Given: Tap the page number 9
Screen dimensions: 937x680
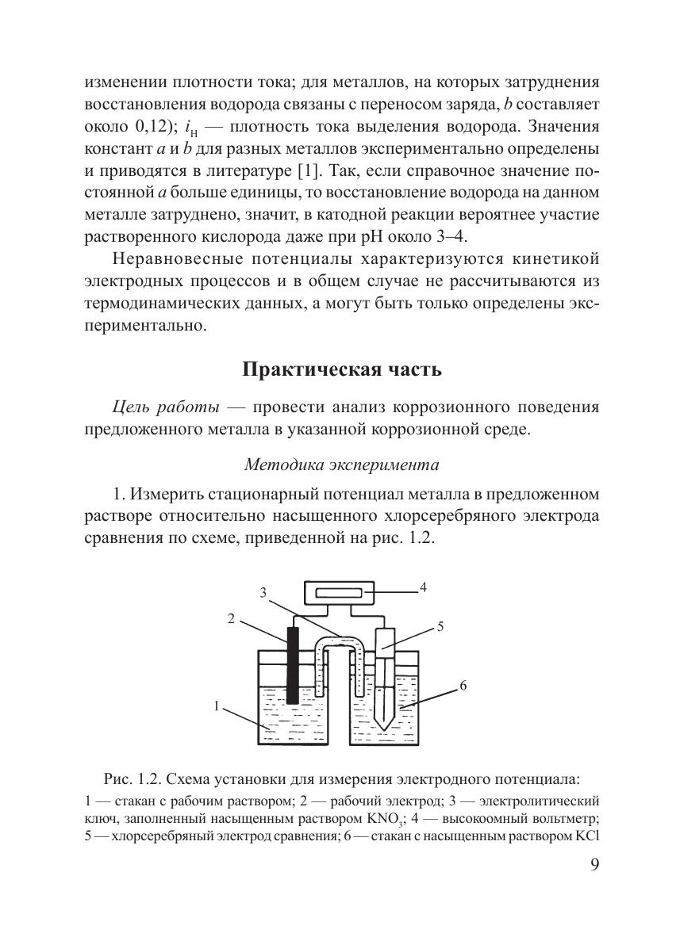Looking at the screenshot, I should pyautogui.click(x=596, y=865).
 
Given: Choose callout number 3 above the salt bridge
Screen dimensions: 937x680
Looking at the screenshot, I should pyautogui.click(x=262, y=592).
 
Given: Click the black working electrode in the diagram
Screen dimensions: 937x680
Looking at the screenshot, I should pyautogui.click(x=293, y=666).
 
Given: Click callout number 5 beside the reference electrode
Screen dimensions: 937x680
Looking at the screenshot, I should pyautogui.click(x=440, y=626).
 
